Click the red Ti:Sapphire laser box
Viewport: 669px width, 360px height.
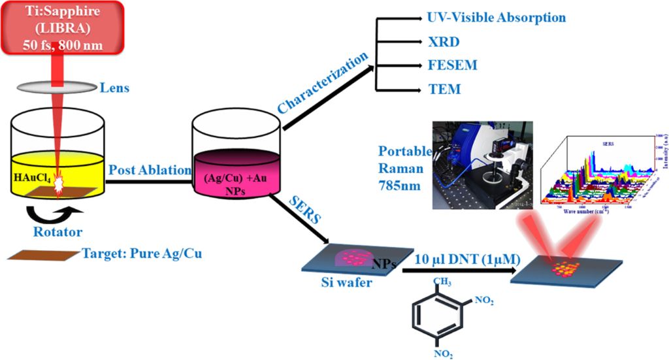(x=62, y=28)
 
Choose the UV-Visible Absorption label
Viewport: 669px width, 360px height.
(x=496, y=17)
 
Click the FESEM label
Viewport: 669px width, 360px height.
(x=451, y=65)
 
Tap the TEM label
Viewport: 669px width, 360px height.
(x=444, y=90)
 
